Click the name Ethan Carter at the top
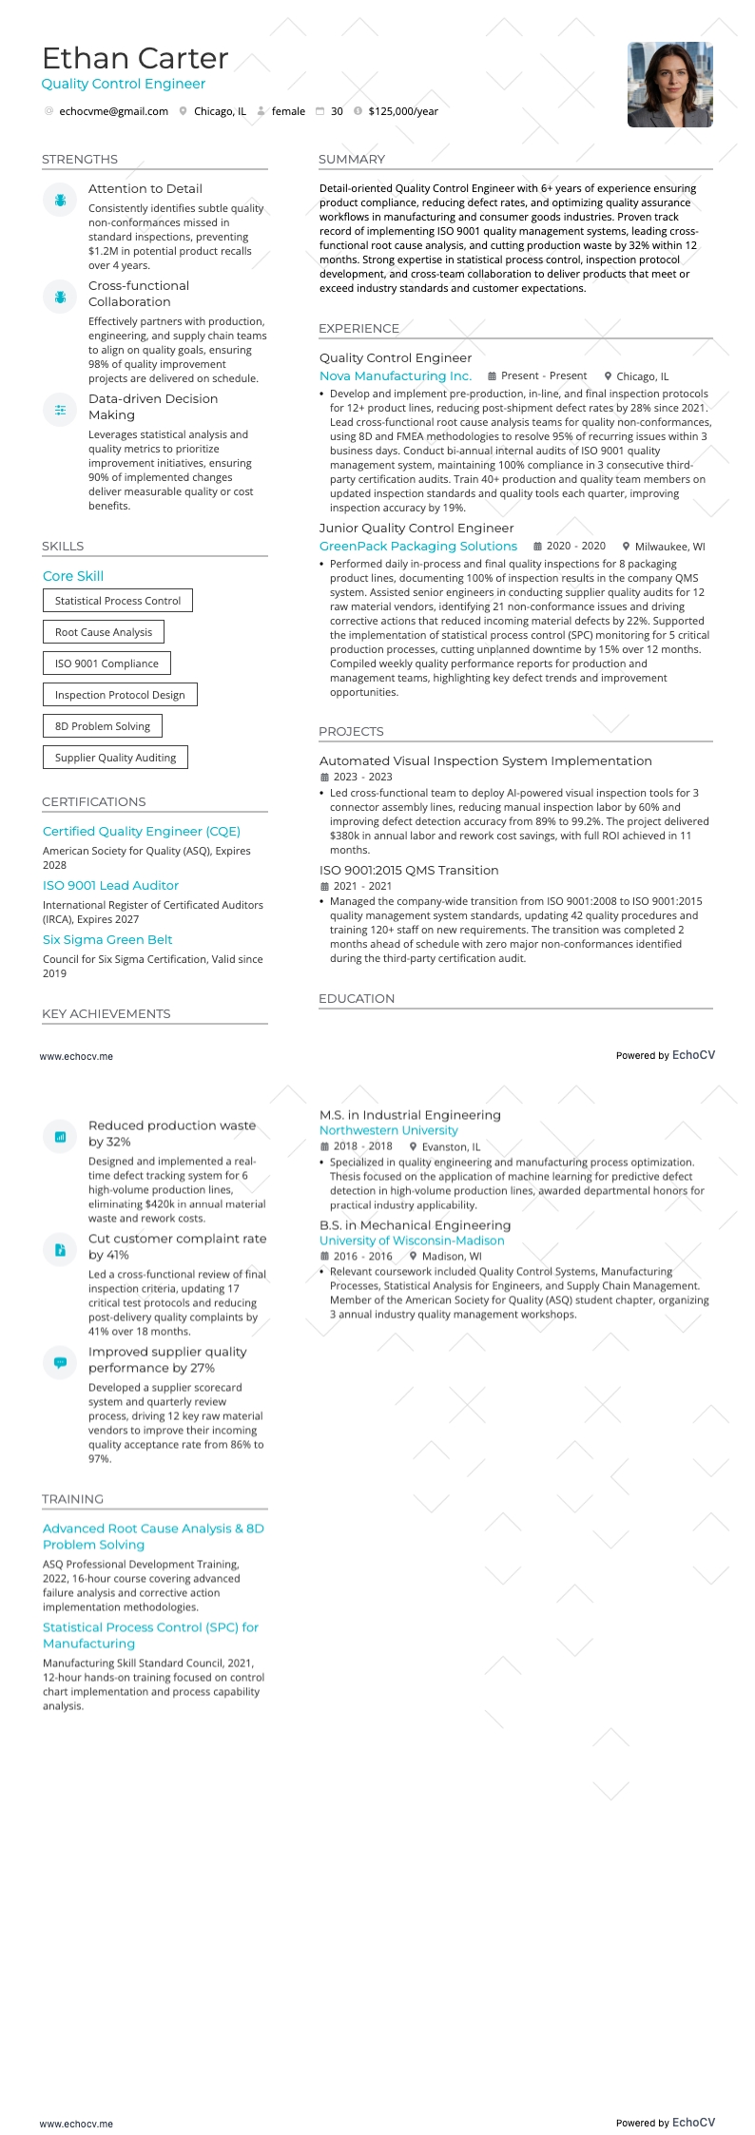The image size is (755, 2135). (135, 59)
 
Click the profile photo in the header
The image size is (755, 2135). (669, 85)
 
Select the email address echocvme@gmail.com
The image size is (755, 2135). (113, 111)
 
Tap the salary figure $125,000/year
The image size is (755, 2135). (403, 111)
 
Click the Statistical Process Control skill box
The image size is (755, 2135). (118, 601)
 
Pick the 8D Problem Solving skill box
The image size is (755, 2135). (103, 726)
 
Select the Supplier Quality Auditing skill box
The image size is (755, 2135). (115, 758)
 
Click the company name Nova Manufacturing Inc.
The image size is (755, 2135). (396, 376)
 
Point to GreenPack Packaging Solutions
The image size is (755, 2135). (418, 547)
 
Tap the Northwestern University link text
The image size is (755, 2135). (388, 1130)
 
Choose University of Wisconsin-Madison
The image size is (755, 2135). (412, 1241)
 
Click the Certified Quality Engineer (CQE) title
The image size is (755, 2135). (142, 832)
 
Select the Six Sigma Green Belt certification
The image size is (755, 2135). (107, 940)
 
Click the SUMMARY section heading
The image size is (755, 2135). (352, 160)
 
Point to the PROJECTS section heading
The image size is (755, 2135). (351, 732)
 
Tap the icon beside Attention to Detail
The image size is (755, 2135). (60, 200)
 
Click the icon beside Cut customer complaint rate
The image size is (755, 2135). (60, 1250)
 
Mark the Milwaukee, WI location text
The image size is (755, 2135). (669, 547)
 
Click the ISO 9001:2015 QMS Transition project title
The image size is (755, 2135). (409, 871)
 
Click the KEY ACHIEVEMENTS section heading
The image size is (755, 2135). (106, 1014)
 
